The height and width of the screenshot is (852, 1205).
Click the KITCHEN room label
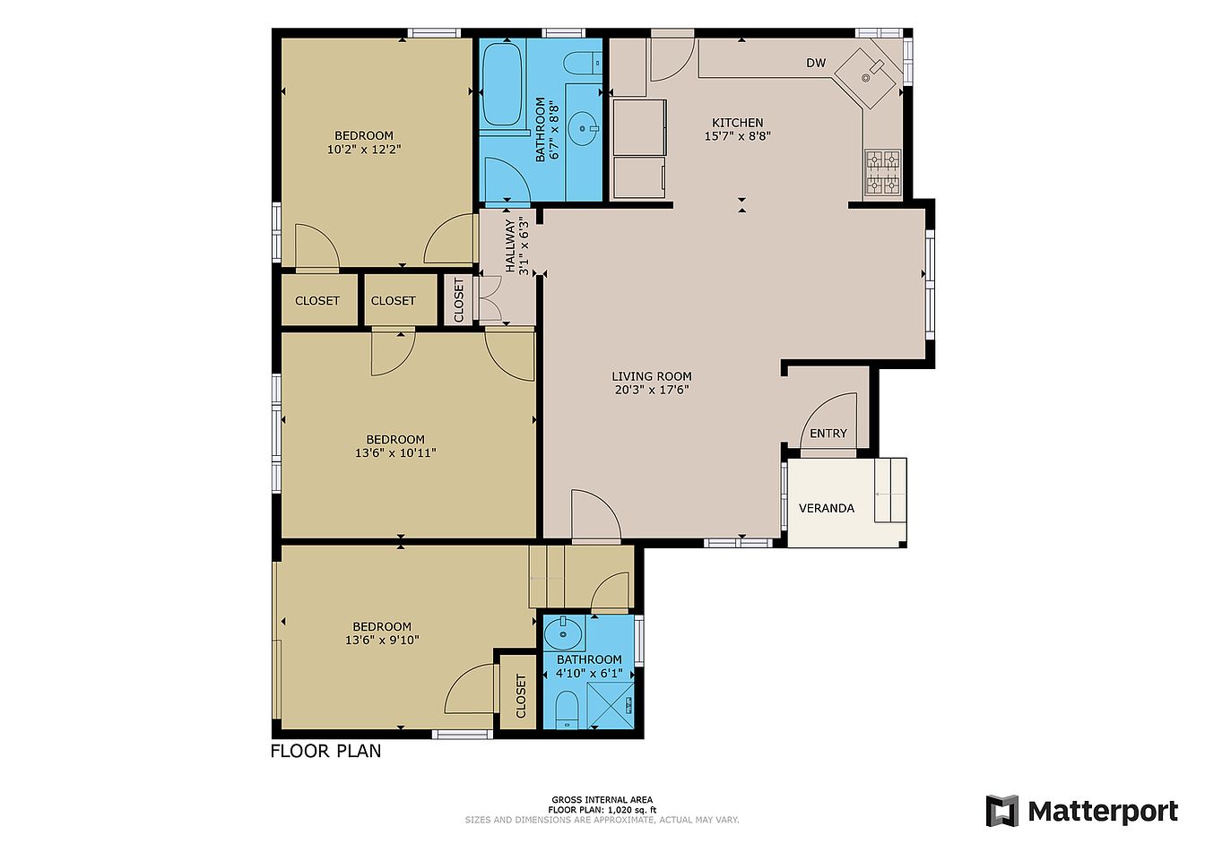pos(738,123)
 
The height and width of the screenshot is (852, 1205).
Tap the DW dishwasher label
pos(816,63)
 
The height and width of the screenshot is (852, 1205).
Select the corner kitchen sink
pos(868,77)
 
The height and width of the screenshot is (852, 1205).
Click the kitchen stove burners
pos(883,173)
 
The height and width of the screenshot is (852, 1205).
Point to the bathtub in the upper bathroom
pos(501,85)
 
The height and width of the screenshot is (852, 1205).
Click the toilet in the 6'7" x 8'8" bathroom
pos(583,64)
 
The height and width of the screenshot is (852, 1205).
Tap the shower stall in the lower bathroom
pos(610,705)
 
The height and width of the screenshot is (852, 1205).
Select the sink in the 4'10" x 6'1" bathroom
pos(563,633)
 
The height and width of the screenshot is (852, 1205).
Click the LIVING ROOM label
pos(652,376)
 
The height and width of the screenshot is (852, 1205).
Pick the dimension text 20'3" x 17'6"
pos(652,390)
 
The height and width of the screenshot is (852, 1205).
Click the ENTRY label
pos(828,434)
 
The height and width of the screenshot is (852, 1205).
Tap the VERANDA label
pos(827,508)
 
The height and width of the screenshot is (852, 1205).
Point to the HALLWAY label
pos(510,245)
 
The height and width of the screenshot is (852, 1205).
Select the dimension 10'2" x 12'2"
pos(364,149)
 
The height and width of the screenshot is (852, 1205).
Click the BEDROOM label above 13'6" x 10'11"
pos(395,439)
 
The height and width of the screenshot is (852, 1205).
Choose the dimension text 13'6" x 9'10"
pos(382,640)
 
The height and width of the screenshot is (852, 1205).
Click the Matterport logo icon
pos(1001,811)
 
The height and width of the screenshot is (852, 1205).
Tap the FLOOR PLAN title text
pos(325,751)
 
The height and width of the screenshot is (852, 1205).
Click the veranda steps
pos(890,490)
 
